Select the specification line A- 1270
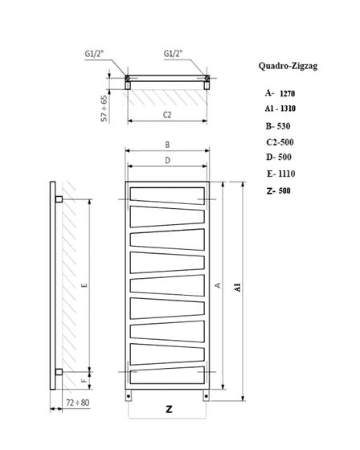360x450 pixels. (x=279, y=95)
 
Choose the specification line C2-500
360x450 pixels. (x=280, y=142)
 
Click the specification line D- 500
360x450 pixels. (x=280, y=158)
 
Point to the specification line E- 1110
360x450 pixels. (x=281, y=174)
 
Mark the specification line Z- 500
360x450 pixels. (x=277, y=190)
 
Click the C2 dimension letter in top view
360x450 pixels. (x=167, y=115)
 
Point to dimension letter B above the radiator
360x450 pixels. (x=166, y=145)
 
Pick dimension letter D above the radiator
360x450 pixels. (x=166, y=160)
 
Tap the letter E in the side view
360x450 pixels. (x=84, y=284)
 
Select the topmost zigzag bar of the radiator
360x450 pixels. (x=166, y=194)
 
